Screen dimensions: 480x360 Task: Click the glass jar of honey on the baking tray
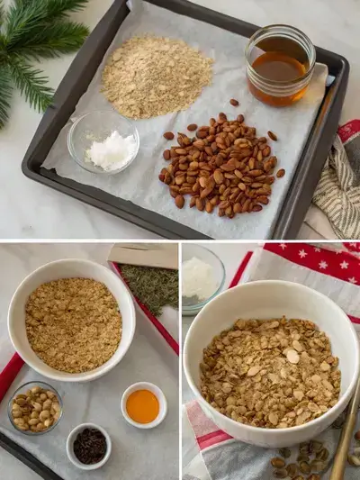click(x=280, y=65)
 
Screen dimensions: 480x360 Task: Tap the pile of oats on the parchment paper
click(x=157, y=76)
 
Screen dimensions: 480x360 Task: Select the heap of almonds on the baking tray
click(x=220, y=165)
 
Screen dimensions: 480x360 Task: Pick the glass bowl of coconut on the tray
click(x=103, y=143)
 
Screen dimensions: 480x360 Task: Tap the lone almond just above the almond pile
click(x=234, y=103)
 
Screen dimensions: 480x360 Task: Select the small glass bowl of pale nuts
click(x=34, y=407)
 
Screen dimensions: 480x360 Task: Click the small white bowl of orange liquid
click(x=143, y=405)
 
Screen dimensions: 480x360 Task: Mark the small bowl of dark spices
click(x=89, y=445)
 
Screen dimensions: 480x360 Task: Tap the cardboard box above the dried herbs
click(x=144, y=255)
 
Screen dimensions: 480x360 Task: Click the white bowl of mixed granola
click(x=270, y=369)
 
